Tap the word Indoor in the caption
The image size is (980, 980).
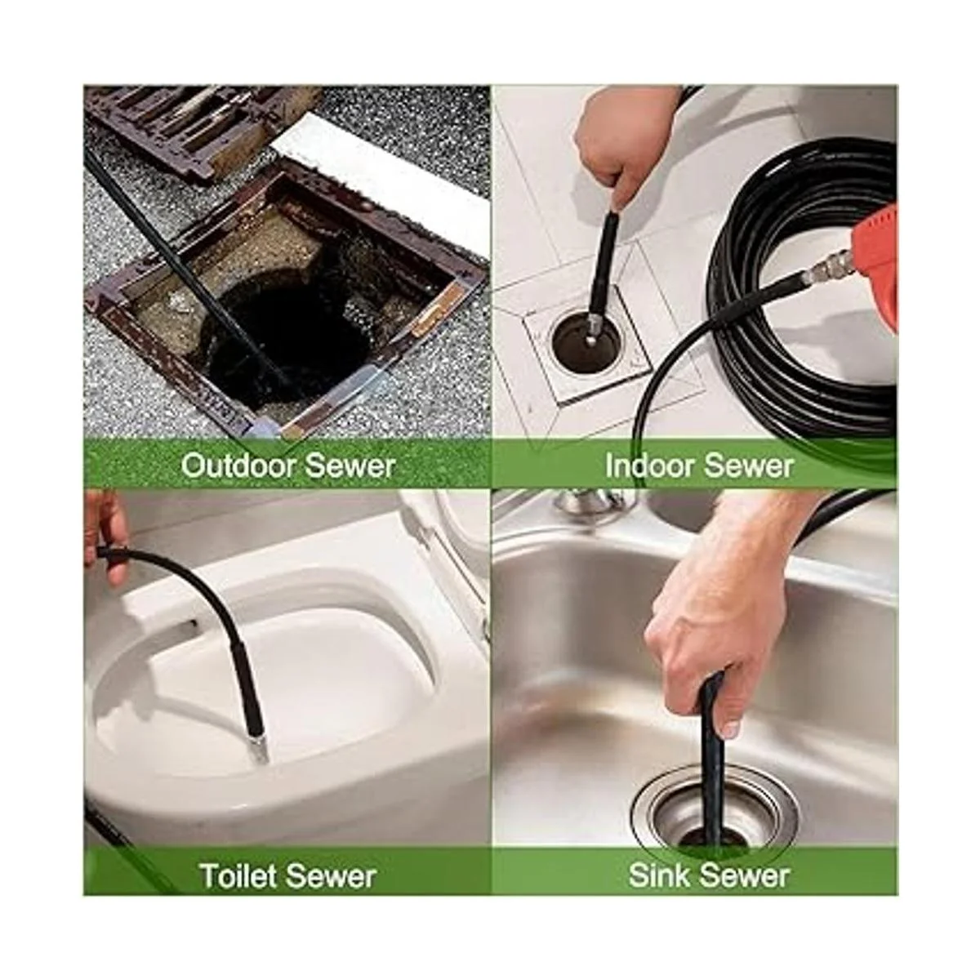pos(646,465)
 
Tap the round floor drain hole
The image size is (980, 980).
pos(586,338)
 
